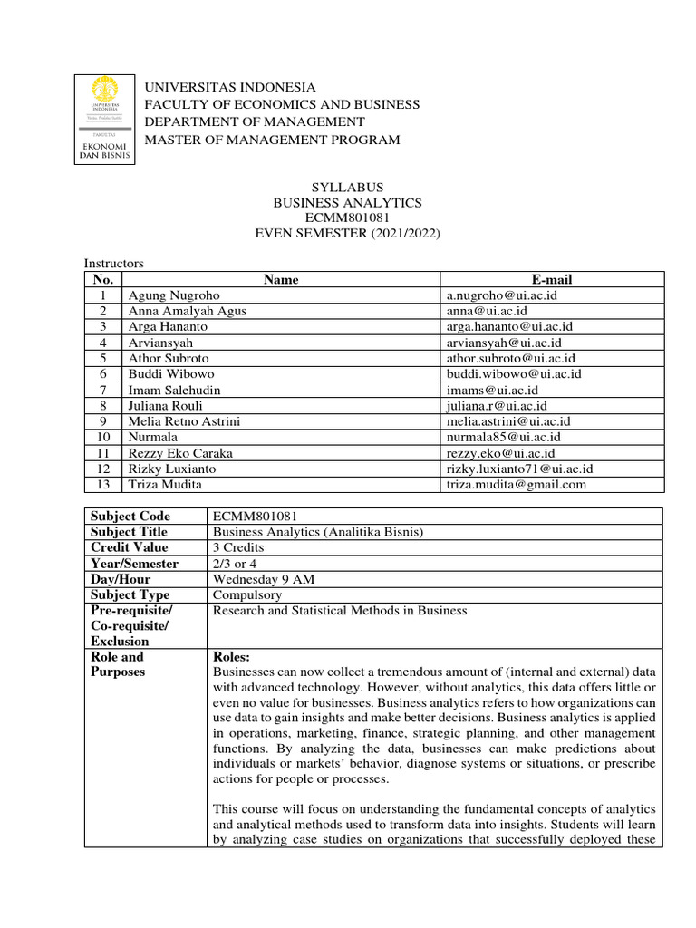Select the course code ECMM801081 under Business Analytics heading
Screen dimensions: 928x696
348,218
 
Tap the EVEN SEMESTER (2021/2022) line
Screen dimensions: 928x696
348,234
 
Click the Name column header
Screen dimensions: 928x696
281,280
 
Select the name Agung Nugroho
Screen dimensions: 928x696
174,295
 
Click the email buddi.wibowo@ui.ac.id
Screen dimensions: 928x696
514,373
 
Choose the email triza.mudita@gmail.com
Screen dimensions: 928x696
517,484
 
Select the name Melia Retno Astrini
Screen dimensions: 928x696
185,421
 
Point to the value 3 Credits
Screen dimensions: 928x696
238,548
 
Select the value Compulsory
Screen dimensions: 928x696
246,595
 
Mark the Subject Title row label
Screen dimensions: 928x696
130,532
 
